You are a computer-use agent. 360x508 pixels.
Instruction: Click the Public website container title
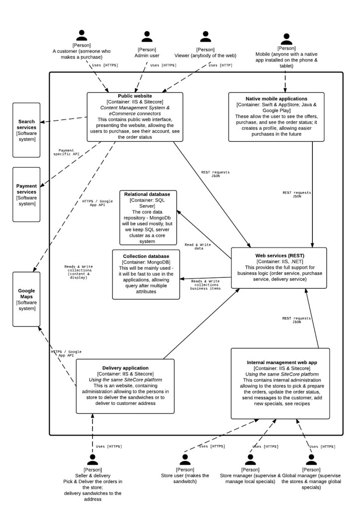pyautogui.click(x=135, y=96)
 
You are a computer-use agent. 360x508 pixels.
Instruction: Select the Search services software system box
pyautogui.click(x=27, y=130)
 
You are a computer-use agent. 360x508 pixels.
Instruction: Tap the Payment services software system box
pyautogui.click(x=27, y=194)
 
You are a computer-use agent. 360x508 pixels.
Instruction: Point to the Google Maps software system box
pyautogui.click(x=27, y=299)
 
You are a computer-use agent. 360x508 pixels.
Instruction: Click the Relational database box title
pyautogui.click(x=147, y=194)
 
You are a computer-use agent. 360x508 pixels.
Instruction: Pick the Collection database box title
pyautogui.click(x=146, y=256)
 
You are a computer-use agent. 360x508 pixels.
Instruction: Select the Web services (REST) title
pyautogui.click(x=280, y=255)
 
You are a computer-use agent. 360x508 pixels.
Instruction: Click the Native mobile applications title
pyautogui.click(x=276, y=99)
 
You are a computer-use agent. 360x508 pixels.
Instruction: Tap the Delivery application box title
pyautogui.click(x=126, y=368)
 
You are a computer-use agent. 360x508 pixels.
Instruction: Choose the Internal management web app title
pyautogui.click(x=282, y=363)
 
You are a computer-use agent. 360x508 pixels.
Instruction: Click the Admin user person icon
pyautogui.click(x=147, y=37)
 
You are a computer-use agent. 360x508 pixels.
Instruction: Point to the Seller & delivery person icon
pyautogui.click(x=93, y=460)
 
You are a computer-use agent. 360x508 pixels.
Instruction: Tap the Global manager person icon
pyautogui.click(x=311, y=460)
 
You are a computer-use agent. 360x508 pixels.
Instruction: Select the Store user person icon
pyautogui.click(x=185, y=460)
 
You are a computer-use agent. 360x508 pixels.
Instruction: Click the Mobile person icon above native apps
pyautogui.click(x=287, y=39)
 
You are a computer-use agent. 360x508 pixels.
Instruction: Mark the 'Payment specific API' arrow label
pyautogui.click(x=67, y=152)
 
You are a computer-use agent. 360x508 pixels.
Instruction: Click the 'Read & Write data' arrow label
pyautogui.click(x=198, y=247)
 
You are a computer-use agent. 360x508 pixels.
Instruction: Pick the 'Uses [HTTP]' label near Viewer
pyautogui.click(x=220, y=65)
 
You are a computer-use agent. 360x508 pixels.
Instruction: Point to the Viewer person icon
pyautogui.click(x=206, y=37)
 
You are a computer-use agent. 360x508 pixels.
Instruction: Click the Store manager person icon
pyautogui.click(x=250, y=460)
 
